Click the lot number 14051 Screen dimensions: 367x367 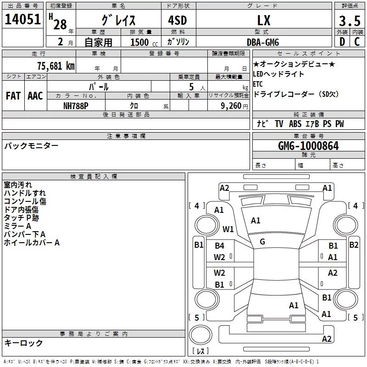click(22, 19)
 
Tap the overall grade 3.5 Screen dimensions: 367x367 click(350, 21)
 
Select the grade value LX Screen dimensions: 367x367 click(264, 20)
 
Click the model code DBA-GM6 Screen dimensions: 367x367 click(263, 42)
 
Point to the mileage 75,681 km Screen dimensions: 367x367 click(56, 66)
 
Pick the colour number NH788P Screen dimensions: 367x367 click(76, 106)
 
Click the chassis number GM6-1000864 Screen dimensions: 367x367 click(308, 146)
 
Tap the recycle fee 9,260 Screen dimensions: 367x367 click(231, 106)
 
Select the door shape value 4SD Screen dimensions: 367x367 click(178, 20)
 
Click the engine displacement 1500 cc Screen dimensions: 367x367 click(144, 42)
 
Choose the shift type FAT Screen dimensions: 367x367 click(13, 96)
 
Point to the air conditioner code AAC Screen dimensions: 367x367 click(35, 96)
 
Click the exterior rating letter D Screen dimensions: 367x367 click(342, 42)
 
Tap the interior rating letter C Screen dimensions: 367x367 click(357, 42)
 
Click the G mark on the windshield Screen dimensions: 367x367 click(262, 242)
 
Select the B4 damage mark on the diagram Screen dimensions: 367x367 click(219, 246)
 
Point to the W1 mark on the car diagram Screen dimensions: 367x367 click(228, 229)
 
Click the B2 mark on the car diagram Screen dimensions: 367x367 click(354, 245)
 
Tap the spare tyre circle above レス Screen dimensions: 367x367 click(200, 335)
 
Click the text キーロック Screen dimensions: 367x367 click(23, 343)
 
